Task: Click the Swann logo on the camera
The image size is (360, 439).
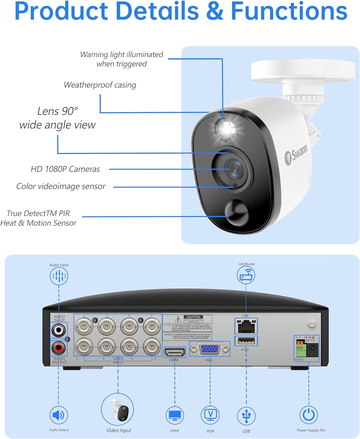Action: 296,154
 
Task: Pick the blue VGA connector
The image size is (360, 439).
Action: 210,349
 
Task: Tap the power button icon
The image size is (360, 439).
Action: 309,415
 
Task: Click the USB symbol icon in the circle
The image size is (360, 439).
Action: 246,416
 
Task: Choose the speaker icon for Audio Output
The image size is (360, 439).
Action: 59,415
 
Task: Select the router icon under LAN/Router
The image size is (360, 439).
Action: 246,275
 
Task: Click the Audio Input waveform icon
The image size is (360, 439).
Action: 59,276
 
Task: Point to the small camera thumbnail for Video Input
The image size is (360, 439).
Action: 118,409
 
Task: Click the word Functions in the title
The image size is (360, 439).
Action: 289,12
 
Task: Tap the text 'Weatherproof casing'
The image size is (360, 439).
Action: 100,85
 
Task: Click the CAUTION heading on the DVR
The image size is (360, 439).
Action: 193,317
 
